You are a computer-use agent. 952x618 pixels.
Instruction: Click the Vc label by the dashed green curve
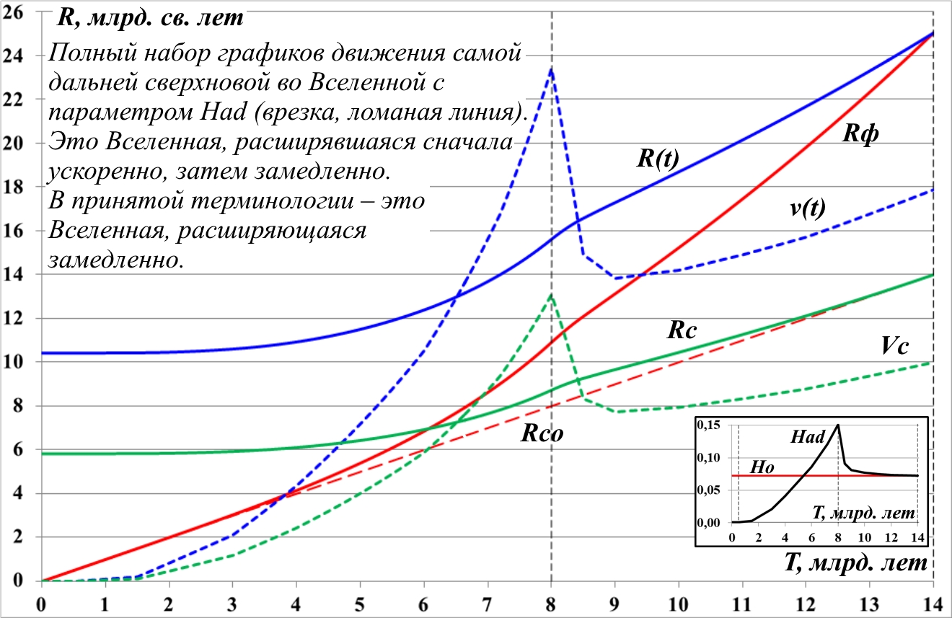894,347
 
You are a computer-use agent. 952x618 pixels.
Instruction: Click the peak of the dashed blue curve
552,69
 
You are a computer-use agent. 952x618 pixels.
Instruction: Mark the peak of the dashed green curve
552,294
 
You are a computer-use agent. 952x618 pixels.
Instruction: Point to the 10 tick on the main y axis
16,362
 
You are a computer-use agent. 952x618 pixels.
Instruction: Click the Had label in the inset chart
807,436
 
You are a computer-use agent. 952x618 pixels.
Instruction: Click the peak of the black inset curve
838,425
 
